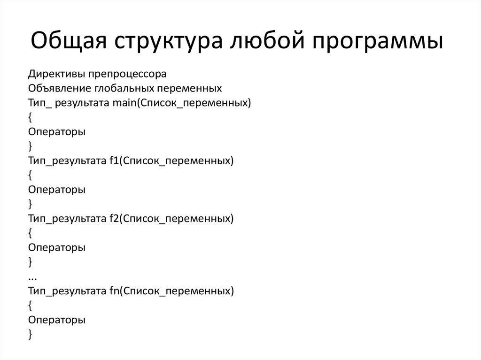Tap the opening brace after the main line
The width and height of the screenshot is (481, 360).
[30, 118]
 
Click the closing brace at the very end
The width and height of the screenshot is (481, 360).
[30, 334]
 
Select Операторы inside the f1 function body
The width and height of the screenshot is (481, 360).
[56, 190]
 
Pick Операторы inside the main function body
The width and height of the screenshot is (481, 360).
[56, 132]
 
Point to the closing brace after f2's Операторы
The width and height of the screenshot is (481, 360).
[30, 262]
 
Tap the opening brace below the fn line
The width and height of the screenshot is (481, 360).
[30, 306]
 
